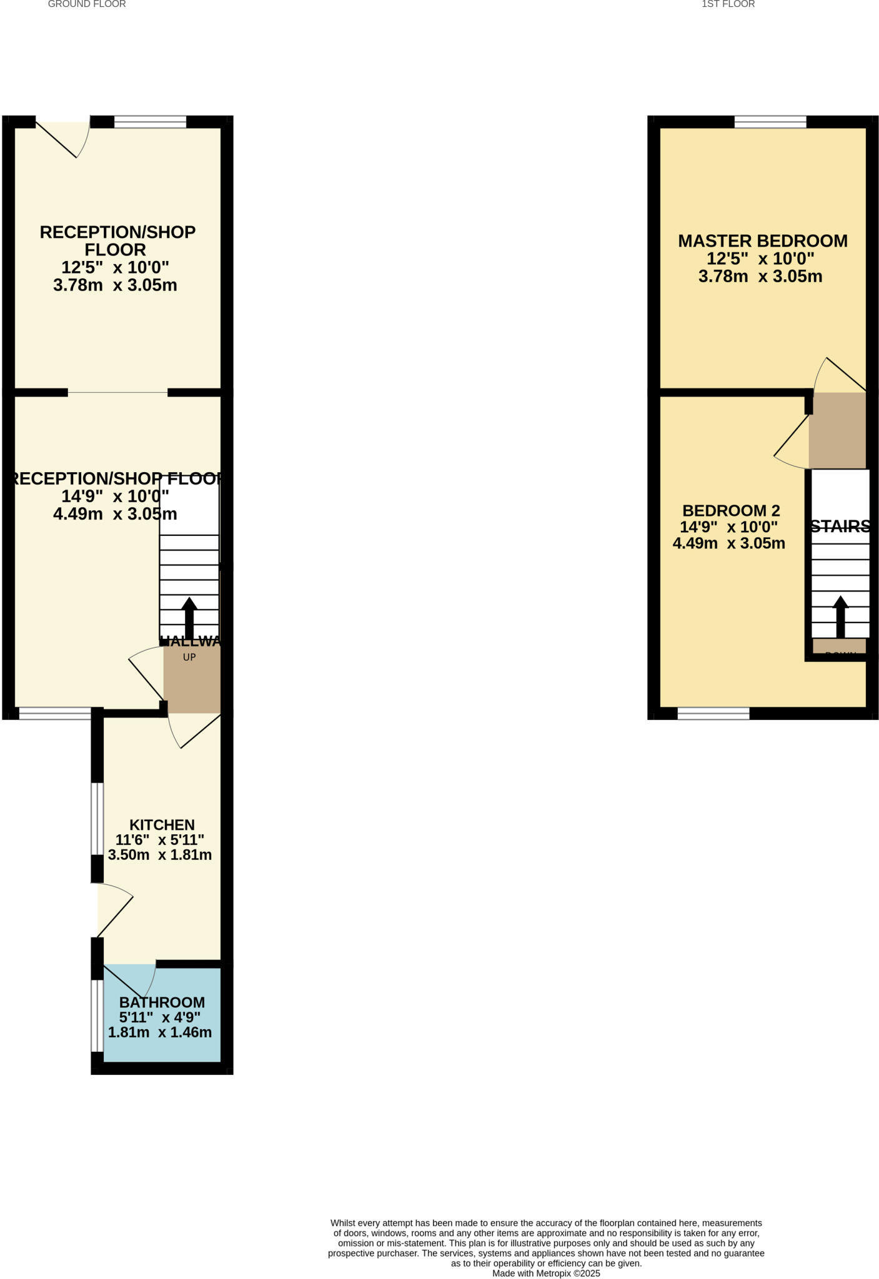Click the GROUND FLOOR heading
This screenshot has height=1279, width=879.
click(87, 4)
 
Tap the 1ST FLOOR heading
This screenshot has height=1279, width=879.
click(728, 4)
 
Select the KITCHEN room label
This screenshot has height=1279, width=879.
click(162, 824)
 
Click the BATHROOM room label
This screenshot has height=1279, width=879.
click(162, 1002)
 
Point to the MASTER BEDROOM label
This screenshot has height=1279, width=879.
click(763, 240)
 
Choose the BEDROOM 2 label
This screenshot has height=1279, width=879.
click(731, 510)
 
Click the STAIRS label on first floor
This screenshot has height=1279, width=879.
click(840, 526)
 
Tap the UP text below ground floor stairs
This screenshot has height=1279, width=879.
click(189, 657)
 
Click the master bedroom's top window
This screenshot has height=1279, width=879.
click(770, 122)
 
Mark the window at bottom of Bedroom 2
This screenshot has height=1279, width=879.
click(713, 713)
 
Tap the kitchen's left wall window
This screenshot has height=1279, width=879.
click(97, 818)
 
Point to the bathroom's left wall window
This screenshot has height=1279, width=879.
click(97, 1015)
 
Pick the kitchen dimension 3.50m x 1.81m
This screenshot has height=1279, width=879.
click(160, 855)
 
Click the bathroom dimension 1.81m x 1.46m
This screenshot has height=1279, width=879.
click(160, 1032)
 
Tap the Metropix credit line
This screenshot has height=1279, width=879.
click(546, 1273)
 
